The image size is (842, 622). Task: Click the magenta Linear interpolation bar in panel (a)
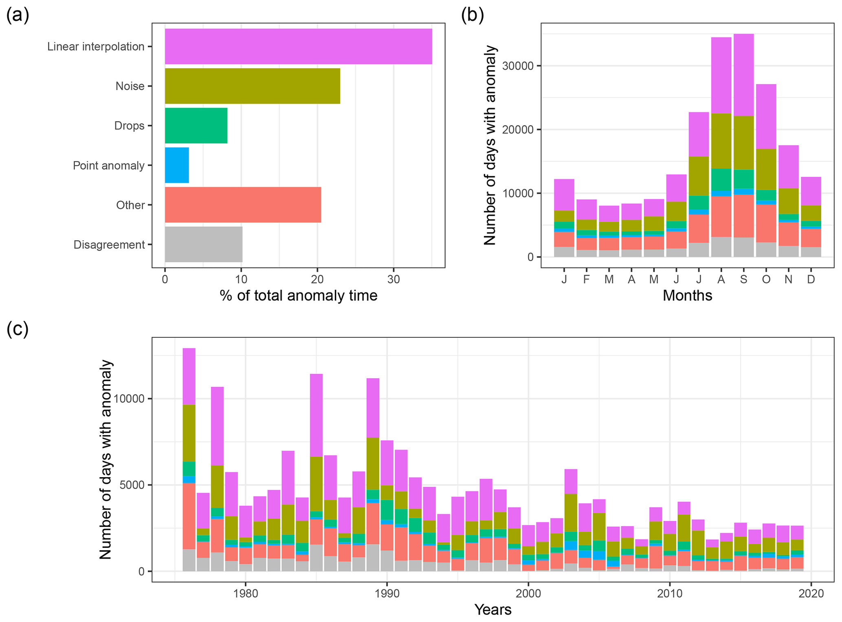click(x=298, y=46)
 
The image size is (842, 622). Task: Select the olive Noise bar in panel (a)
click(x=252, y=86)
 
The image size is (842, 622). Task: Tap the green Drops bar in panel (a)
click(x=196, y=126)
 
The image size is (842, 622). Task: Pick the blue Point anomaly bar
click(x=177, y=165)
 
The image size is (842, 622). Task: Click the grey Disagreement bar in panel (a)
click(x=204, y=244)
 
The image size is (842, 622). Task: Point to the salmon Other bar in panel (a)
click(x=243, y=205)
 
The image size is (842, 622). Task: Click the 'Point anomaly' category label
click(x=108, y=166)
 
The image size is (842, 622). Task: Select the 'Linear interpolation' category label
click(x=96, y=46)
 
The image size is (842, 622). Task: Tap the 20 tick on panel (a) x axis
click(x=317, y=279)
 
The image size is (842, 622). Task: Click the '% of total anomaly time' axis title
click(x=299, y=296)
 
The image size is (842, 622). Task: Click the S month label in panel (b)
click(x=744, y=279)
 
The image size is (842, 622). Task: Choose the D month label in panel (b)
click(x=811, y=279)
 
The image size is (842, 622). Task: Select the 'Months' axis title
click(x=687, y=296)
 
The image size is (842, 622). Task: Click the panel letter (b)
click(x=473, y=15)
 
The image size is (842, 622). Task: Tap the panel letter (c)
click(x=18, y=329)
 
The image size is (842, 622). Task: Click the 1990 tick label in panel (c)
click(x=387, y=593)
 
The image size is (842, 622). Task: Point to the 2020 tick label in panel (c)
click(x=811, y=593)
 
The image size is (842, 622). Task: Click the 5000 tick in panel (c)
click(x=133, y=485)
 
